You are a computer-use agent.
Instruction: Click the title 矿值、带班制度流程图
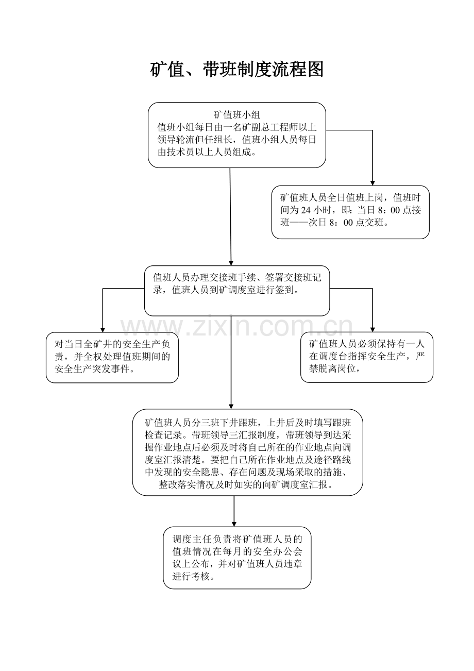coord(237,69)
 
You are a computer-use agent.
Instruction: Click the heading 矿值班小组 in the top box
coord(237,114)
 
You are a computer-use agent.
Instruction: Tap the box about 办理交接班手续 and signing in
coord(237,291)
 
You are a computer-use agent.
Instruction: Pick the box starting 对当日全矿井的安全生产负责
coord(112,357)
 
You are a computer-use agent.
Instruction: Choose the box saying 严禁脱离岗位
coord(366,357)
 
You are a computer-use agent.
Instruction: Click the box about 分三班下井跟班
coord(247,452)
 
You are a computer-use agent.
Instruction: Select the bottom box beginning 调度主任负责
coord(237,558)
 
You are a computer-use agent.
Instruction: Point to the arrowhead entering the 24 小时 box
coord(373,182)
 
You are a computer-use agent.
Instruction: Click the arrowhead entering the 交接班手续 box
coord(231,262)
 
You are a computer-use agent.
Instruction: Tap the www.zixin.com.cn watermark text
coord(237,327)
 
